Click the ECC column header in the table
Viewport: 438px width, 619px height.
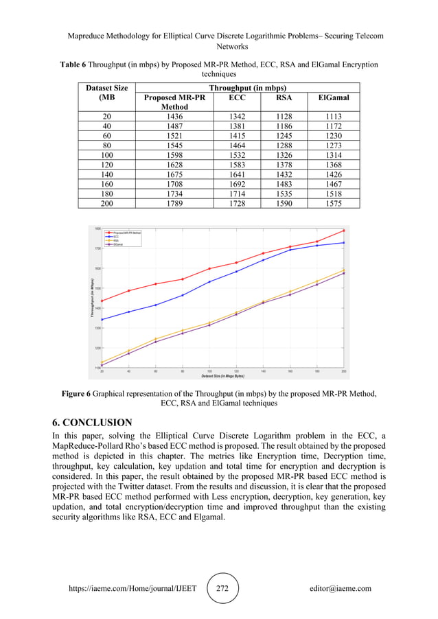235,98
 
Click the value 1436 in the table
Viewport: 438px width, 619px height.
174,117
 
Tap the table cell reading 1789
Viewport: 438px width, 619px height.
174,203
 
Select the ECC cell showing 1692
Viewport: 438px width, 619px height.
235,185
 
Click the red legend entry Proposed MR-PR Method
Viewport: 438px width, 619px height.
126,233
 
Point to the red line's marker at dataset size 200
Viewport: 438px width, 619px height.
343,231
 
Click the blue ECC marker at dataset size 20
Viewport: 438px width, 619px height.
102,320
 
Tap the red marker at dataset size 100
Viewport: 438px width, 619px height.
209,268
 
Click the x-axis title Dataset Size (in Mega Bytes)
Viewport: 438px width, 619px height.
223,377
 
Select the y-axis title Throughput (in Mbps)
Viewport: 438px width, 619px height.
91,298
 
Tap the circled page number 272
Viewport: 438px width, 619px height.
222,588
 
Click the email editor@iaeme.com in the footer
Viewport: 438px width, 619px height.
341,588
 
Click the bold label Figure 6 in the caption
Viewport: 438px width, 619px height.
76,394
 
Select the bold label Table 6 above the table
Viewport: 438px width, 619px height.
73,65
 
